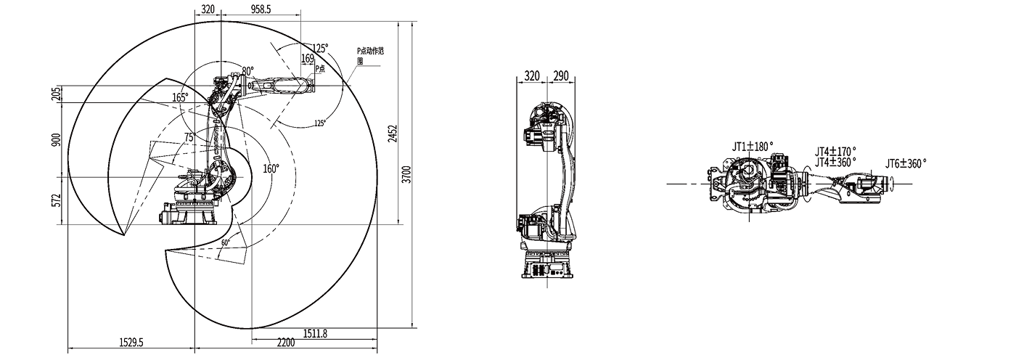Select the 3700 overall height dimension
tap(407, 174)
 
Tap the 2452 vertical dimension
tap(393, 134)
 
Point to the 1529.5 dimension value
tap(131, 342)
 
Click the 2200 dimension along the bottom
tap(285, 342)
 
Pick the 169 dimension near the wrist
tap(307, 58)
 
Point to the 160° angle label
tap(270, 168)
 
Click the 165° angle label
tap(180, 97)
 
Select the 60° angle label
tap(226, 242)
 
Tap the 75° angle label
tap(189, 136)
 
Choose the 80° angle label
tap(247, 71)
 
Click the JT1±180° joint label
tap(752, 147)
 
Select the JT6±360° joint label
tap(906, 164)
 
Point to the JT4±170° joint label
tap(835, 151)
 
